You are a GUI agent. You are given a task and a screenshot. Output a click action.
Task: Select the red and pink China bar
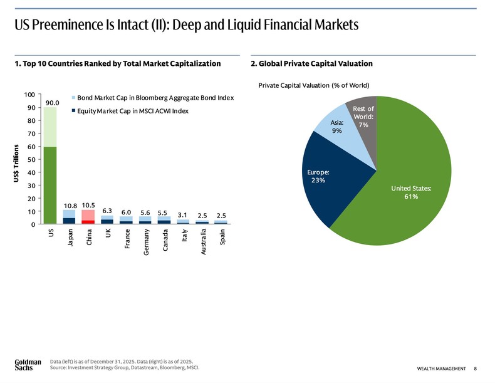[88, 216]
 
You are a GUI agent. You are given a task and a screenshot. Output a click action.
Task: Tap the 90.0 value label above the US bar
[52, 102]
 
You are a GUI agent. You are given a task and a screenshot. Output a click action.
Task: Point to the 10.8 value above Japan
[70, 206]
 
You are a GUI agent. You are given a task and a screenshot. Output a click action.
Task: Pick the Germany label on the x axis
[146, 242]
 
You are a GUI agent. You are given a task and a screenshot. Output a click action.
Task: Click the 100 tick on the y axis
[29, 95]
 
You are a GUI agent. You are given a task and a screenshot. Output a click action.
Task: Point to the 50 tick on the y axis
[31, 159]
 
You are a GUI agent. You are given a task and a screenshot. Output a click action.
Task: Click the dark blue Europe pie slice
[323, 179]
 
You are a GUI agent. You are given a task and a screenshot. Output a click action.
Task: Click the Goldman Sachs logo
[28, 365]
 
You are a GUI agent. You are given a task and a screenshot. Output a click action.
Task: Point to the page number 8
[476, 368]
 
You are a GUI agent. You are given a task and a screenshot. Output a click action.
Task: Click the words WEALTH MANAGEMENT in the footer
[441, 368]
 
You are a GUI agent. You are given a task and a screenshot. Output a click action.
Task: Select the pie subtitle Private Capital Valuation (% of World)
[313, 85]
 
